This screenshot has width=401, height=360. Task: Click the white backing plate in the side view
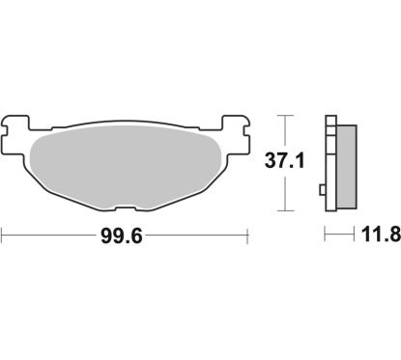pyautogui.click(x=330, y=162)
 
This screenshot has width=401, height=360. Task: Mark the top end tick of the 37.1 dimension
pyautogui.click(x=283, y=114)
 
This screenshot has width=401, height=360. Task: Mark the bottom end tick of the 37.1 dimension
pyautogui.click(x=283, y=210)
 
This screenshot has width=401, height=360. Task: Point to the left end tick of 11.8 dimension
pyautogui.click(x=326, y=234)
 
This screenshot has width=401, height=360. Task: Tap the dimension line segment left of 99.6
pyautogui.click(x=48, y=234)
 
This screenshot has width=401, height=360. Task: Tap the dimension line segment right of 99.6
pyautogui.click(x=203, y=234)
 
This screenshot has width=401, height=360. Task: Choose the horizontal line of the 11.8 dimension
pyautogui.click(x=337, y=234)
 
